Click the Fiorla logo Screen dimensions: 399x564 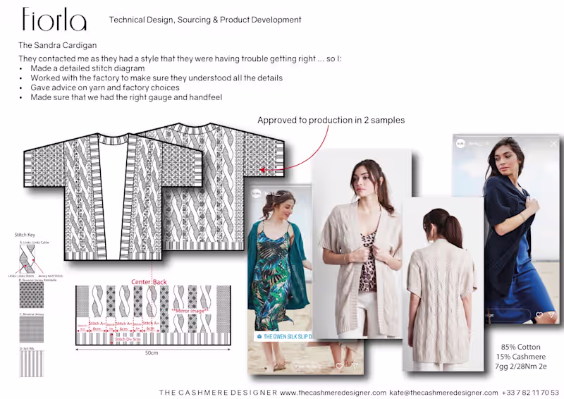pos(54,20)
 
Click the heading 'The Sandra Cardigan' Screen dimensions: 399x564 pos(58,45)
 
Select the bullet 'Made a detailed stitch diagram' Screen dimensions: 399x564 pos(87,68)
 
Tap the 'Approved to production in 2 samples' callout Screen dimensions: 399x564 pos(331,120)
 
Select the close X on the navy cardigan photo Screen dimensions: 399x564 pos(553,143)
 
